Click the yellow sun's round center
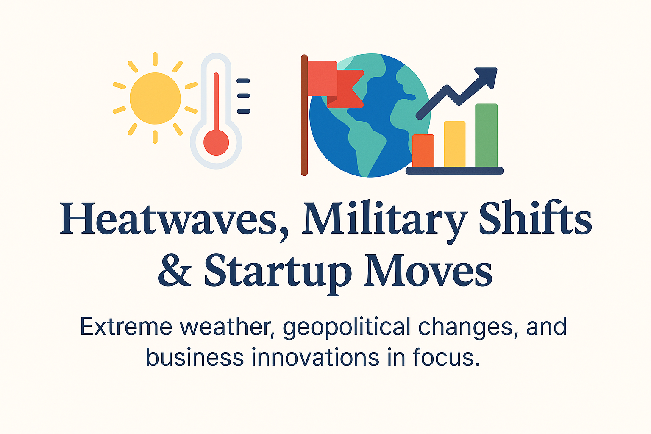pos(155,98)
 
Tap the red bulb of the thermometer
pos(216,142)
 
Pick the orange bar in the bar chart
pos(423,150)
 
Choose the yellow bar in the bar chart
pos(454,144)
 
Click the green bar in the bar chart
pos(486,135)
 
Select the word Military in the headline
pos(384,220)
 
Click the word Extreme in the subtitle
pos(126,327)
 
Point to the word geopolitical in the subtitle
pos(347,328)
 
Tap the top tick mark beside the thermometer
pos(243,81)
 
